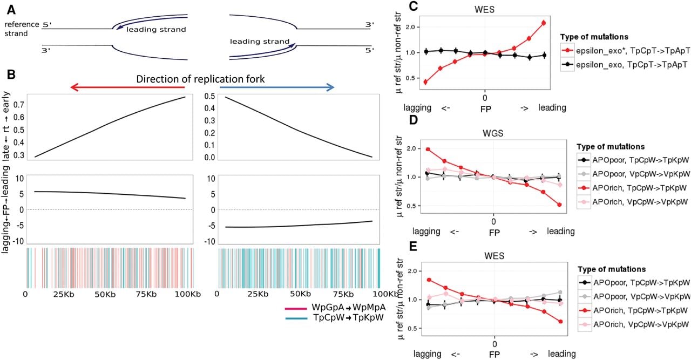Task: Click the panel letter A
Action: coord(11,10)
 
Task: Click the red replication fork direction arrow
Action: coord(127,87)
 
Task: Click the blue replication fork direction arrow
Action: coord(277,87)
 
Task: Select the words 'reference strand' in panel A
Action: coord(22,29)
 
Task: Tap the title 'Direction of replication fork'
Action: coord(200,79)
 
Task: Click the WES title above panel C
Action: coord(484,10)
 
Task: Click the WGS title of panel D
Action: coord(493,133)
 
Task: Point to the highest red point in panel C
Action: coord(544,23)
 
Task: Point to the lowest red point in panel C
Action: coord(425,82)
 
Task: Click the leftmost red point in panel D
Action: coord(428,150)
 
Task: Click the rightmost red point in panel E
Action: coord(560,322)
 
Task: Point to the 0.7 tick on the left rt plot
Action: coord(19,105)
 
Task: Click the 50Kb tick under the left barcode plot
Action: coord(105,294)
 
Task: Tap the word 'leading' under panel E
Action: coord(562,354)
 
